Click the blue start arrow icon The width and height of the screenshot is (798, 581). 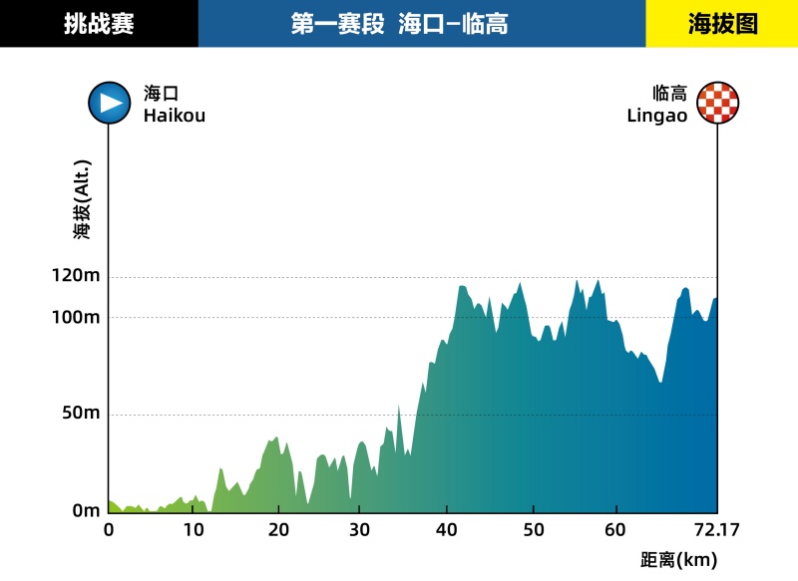(109, 103)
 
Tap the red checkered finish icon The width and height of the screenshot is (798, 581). (718, 103)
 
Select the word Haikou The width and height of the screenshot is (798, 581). (174, 116)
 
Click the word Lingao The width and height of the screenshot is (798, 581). (657, 116)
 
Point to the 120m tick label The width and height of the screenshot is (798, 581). (76, 277)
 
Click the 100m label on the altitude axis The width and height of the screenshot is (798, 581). (76, 317)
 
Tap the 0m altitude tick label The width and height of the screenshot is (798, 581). (85, 511)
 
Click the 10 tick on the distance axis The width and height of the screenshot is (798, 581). (194, 529)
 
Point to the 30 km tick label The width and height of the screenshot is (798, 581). (363, 529)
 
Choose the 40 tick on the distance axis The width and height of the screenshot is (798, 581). (448, 529)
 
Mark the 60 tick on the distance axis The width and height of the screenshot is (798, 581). (617, 529)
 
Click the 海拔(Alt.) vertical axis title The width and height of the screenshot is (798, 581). (82, 199)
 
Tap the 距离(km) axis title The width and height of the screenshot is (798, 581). (678, 560)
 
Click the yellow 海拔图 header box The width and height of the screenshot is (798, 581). (722, 24)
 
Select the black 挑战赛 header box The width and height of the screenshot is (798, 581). (99, 24)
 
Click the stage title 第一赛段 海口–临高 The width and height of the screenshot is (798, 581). (399, 24)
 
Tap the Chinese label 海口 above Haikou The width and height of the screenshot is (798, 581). (161, 94)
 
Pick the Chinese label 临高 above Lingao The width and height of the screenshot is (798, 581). (670, 94)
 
